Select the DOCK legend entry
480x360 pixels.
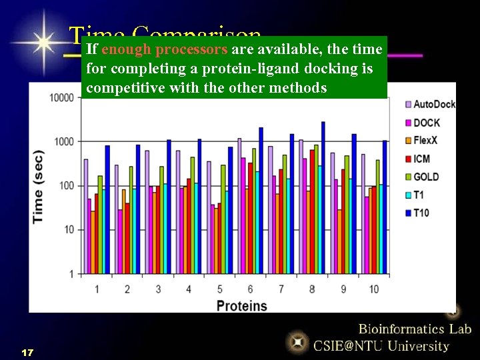point(426,123)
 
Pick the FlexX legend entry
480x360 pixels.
point(427,141)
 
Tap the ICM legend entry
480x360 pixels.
point(421,159)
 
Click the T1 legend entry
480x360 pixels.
point(418,195)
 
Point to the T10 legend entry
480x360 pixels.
point(421,213)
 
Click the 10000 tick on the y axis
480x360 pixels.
point(61,97)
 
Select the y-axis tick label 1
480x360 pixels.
point(71,274)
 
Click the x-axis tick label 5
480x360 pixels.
point(219,289)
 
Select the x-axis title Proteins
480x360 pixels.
point(241,306)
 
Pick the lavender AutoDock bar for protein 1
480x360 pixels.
point(85,216)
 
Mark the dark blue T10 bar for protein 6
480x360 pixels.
point(261,200)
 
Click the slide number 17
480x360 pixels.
point(27,351)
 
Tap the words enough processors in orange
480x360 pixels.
point(165,49)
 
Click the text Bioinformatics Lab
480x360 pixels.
point(415,329)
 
